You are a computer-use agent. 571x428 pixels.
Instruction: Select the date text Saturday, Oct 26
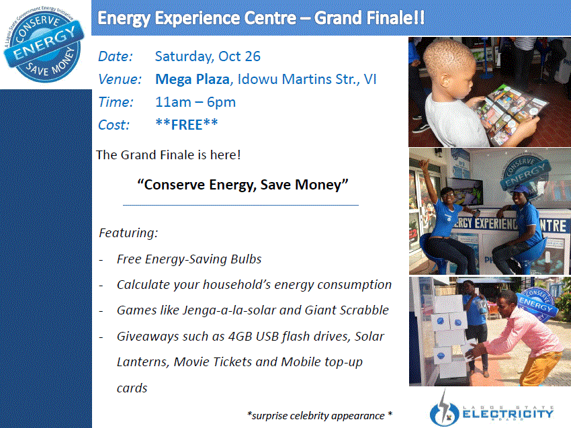coord(208,56)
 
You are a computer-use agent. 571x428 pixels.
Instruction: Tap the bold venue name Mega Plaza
coord(192,79)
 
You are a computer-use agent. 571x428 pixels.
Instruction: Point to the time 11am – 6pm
coord(195,102)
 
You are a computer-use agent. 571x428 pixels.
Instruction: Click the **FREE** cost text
coord(187,124)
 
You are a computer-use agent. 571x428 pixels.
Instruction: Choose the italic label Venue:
coord(120,79)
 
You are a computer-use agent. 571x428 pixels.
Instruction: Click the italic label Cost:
coord(114,125)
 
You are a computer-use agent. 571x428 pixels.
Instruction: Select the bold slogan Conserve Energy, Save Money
coord(243,185)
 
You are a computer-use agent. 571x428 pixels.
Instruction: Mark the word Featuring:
coord(128,232)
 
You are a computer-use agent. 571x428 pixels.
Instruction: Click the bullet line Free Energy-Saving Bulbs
coord(189,259)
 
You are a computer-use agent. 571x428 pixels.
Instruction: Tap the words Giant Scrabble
coord(347,310)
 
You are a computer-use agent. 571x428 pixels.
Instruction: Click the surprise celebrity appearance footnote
coord(319,415)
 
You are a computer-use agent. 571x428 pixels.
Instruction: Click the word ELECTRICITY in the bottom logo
coord(508,414)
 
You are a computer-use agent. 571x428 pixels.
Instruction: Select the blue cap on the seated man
coord(520,189)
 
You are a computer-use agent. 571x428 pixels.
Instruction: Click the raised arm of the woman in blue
coord(430,182)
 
